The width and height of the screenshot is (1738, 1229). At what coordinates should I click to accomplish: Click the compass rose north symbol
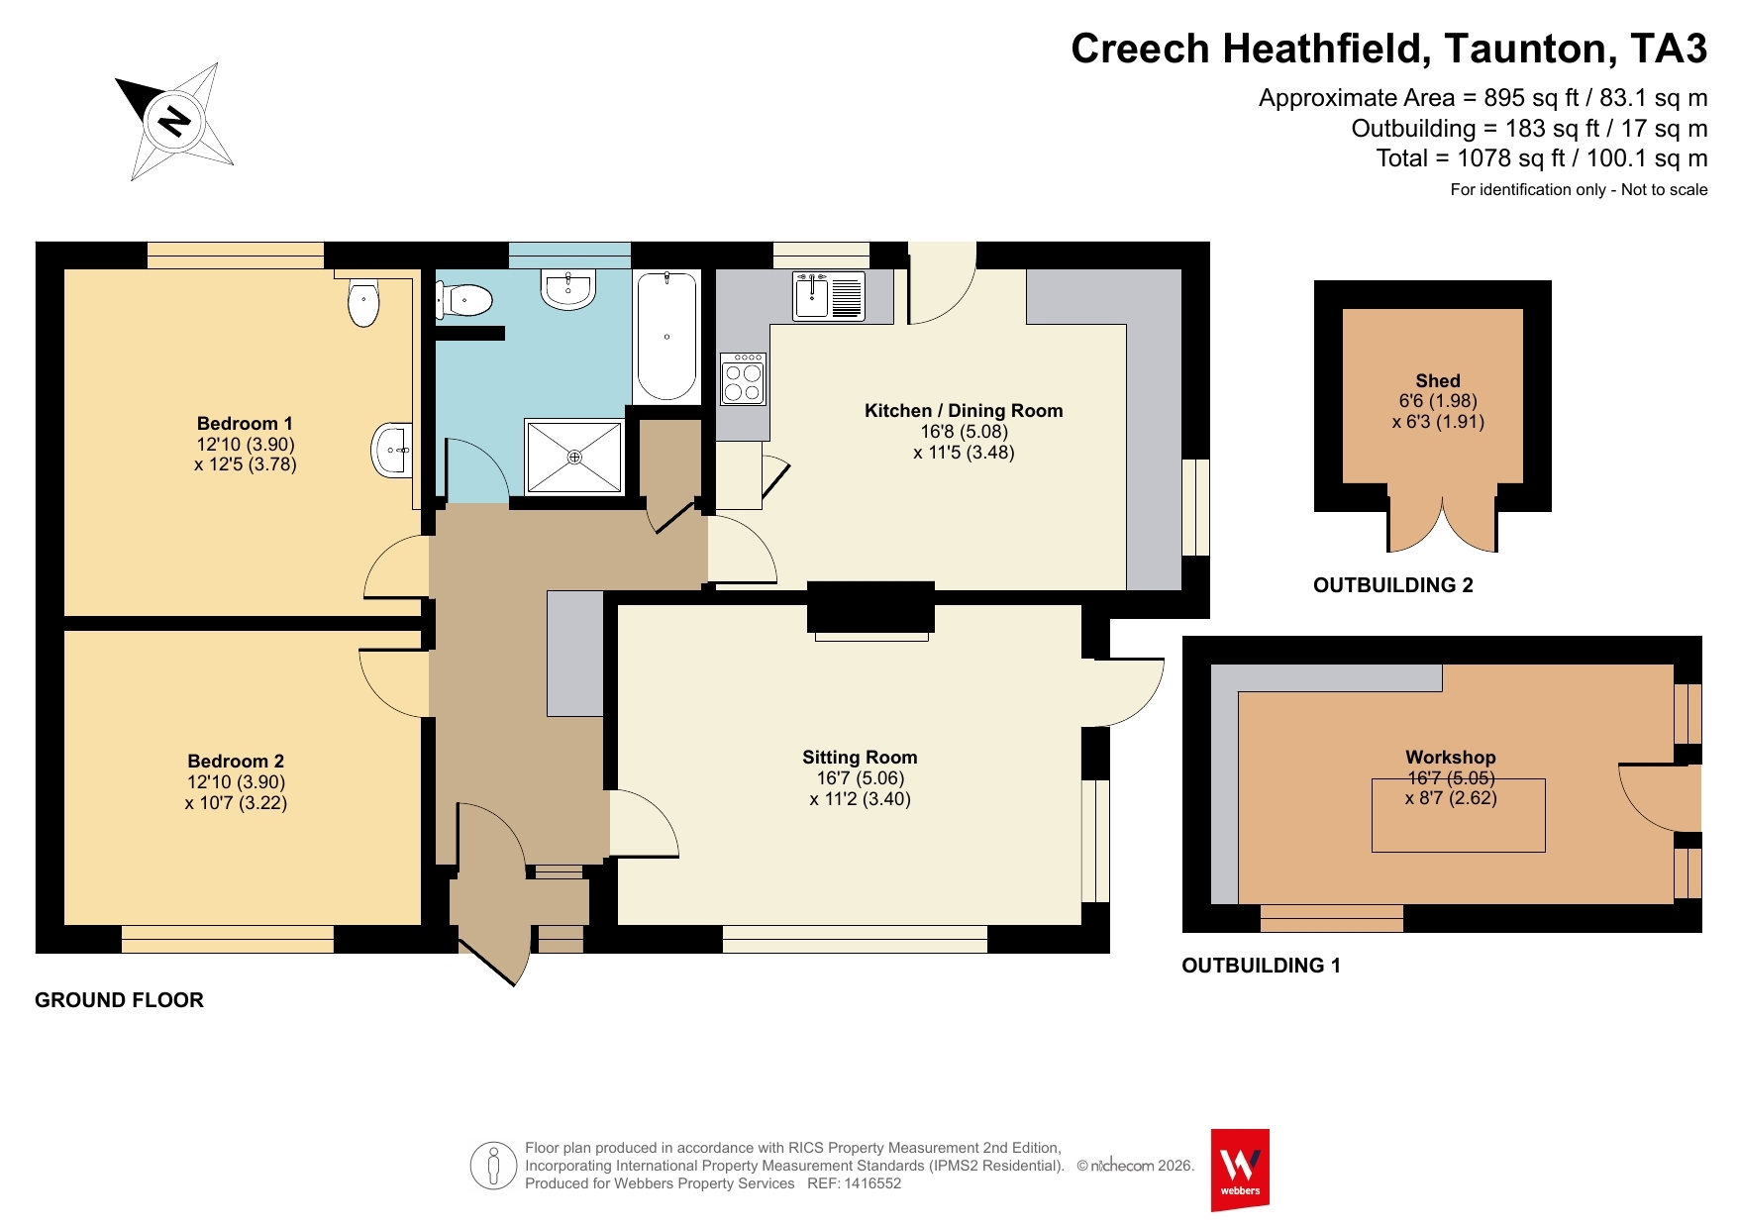point(174,122)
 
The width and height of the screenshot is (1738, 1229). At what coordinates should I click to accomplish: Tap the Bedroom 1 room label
point(245,424)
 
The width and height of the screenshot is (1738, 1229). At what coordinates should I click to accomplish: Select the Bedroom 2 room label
point(236,762)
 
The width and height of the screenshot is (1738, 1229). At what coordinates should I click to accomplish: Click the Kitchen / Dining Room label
point(964,411)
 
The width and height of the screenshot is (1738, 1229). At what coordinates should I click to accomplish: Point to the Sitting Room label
point(860,758)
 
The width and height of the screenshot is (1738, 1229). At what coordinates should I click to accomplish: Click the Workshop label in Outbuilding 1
point(1451,758)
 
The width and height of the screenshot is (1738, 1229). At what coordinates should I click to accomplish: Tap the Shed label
point(1438,381)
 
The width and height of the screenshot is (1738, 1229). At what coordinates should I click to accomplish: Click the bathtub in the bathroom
point(666,337)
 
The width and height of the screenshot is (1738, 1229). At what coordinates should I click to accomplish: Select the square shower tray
point(574,457)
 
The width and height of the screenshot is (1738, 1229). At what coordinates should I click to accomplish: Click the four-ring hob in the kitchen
point(743,378)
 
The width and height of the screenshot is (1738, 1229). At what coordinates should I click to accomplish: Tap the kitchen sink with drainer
point(829,296)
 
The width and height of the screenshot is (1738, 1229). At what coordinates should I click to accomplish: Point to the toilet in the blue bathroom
point(463,300)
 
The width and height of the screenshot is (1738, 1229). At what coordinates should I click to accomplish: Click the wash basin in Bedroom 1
point(391,450)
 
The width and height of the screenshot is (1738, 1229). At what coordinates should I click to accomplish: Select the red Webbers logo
point(1240,1170)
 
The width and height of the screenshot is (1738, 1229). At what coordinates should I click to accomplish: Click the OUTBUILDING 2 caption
point(1393,585)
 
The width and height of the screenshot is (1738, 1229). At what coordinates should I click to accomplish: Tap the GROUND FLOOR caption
point(119,1000)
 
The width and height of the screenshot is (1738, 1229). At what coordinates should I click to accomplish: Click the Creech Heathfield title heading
point(1388,49)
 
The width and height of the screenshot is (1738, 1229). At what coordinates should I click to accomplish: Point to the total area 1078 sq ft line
point(1542,158)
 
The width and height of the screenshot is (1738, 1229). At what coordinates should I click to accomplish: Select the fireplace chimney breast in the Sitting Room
point(871,607)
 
